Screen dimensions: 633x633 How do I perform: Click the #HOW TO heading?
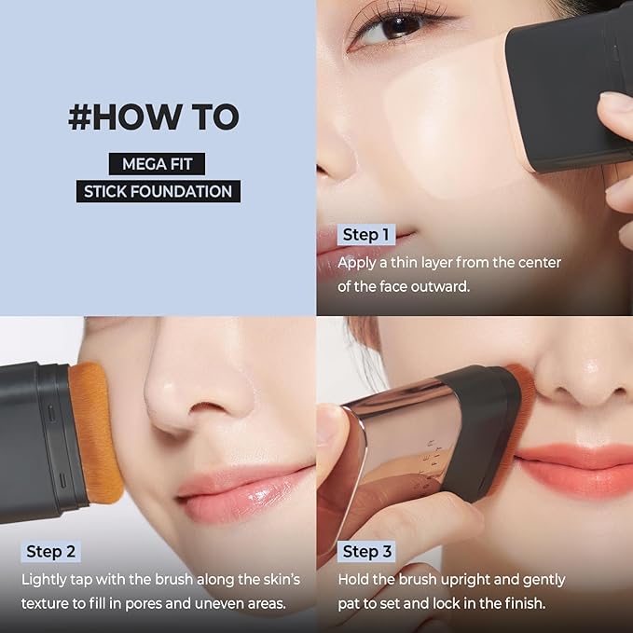[154, 117]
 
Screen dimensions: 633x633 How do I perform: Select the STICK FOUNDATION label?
[158, 192]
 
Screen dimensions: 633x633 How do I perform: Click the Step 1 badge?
[366, 235]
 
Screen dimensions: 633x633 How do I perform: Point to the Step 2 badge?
[51, 551]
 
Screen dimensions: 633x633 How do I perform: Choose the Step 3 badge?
[367, 551]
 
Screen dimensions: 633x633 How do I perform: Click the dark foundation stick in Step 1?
[569, 84]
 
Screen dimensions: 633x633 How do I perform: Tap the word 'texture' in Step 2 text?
[47, 603]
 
